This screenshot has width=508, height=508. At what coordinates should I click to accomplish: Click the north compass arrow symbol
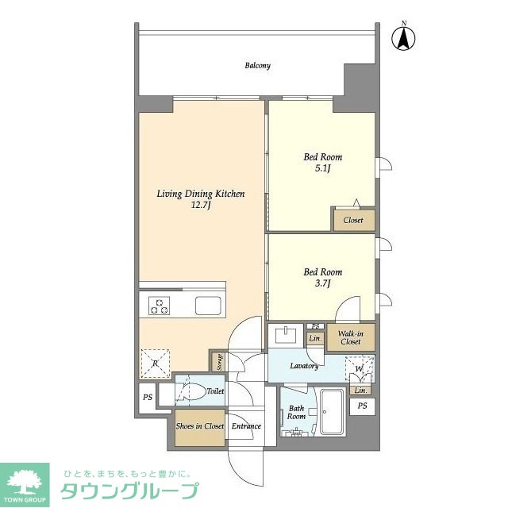coord(402,37)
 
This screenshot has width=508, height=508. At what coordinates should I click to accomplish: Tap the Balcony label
coord(257,66)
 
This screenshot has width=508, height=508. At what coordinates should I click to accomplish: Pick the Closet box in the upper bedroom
coord(353,220)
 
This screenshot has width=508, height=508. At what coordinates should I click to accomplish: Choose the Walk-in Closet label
coord(350,337)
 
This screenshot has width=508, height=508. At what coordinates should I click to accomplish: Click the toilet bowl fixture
coord(190,391)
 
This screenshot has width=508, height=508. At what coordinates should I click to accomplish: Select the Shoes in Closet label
coord(198,426)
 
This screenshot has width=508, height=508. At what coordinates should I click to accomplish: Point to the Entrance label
coord(246,426)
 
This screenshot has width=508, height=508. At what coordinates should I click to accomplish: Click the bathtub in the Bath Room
coord(331,414)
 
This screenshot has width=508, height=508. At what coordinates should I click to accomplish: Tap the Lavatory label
coord(304,366)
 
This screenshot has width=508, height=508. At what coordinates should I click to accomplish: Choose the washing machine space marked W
coord(360,368)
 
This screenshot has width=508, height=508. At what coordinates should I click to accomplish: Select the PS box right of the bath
coord(363,406)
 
